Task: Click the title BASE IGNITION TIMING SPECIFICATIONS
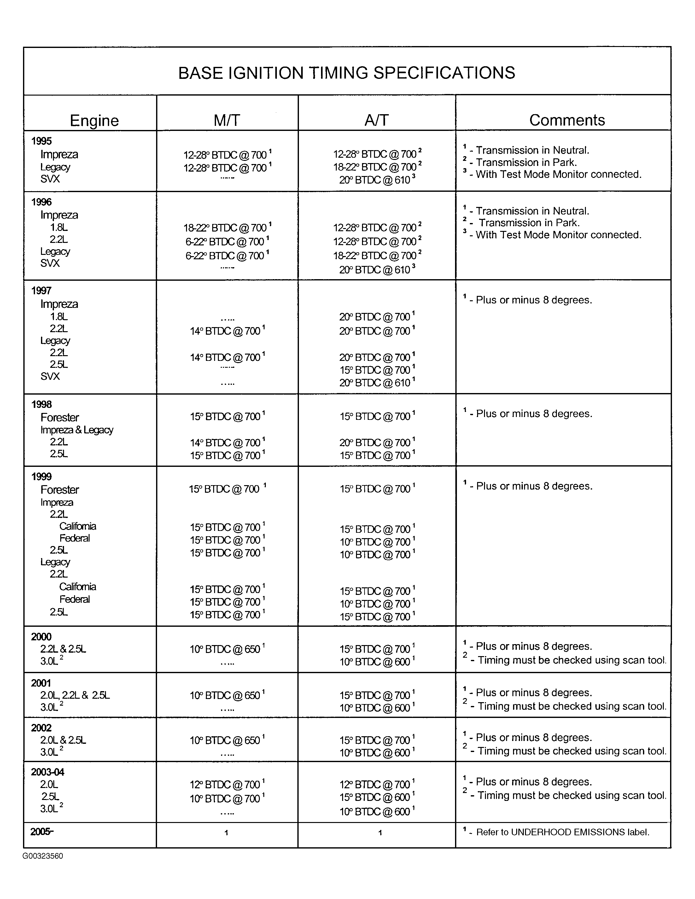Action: (347, 73)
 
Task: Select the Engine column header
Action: (94, 120)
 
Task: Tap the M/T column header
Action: (227, 120)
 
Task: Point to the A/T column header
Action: (377, 120)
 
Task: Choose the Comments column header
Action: (567, 120)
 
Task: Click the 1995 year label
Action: (42, 141)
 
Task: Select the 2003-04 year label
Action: (48, 772)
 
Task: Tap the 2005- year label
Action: (42, 831)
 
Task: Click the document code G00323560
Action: (43, 856)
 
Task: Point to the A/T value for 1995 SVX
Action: (377, 180)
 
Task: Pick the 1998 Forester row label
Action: (60, 417)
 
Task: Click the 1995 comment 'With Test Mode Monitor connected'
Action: (558, 174)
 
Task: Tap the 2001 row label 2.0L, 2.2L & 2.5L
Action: (75, 695)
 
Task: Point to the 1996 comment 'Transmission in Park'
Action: (529, 223)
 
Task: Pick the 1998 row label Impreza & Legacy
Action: (77, 430)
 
